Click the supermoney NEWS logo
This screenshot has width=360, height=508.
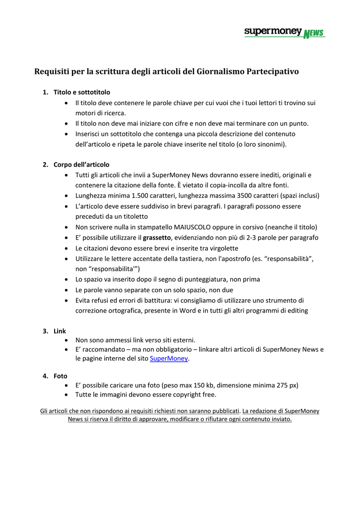(x=285, y=33)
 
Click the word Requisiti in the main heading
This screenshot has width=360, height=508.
(x=52, y=71)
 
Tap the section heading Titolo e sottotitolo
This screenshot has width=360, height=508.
(x=82, y=92)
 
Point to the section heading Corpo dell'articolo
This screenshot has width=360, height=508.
(x=81, y=165)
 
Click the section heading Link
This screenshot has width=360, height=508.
(x=60, y=331)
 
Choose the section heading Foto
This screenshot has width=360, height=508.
(x=60, y=376)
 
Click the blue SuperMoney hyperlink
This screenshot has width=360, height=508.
(x=169, y=359)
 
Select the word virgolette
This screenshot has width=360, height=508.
(x=221, y=248)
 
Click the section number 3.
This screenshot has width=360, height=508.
(x=45, y=331)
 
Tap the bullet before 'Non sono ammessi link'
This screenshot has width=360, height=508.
(x=67, y=340)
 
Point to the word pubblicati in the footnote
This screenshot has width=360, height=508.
(x=224, y=411)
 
